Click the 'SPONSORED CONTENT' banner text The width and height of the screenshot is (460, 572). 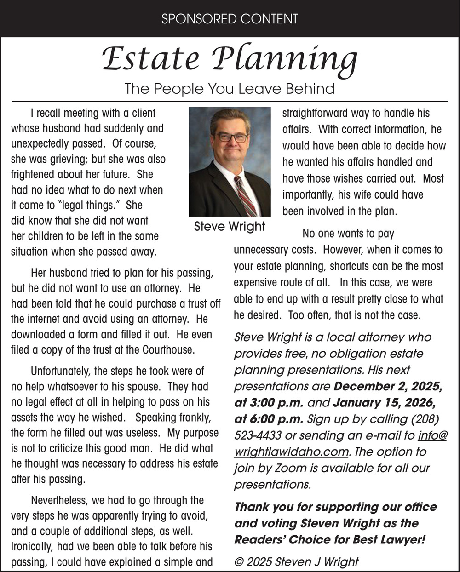230,19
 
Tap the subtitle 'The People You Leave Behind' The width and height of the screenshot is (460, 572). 230,88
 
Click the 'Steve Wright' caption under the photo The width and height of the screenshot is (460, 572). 230,226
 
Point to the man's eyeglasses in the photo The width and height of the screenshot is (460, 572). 232,137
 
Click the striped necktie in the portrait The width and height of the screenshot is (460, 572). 245,195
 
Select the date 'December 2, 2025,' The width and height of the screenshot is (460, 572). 388,387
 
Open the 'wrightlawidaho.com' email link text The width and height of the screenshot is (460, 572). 291,452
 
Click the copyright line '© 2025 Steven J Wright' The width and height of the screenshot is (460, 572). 296,562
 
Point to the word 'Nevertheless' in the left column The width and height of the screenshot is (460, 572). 60,500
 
